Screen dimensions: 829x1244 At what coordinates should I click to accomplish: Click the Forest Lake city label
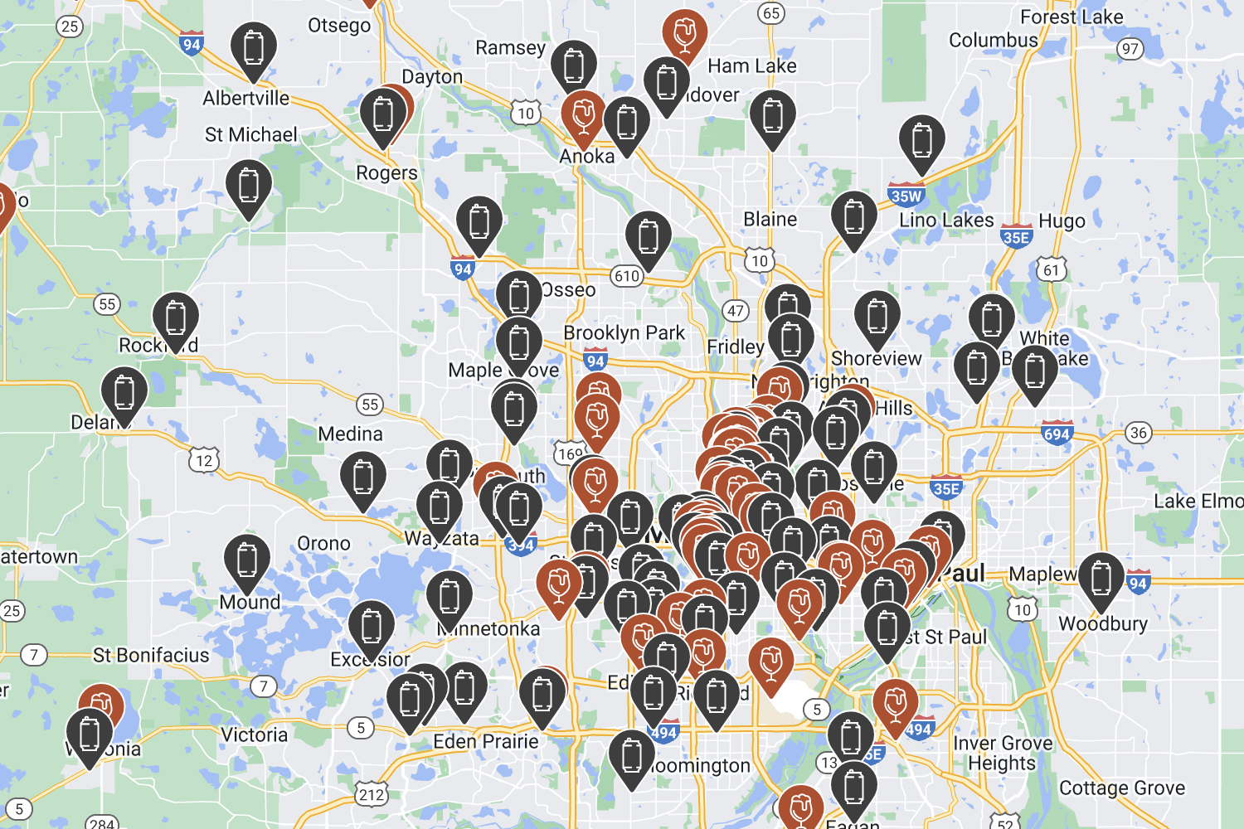(1071, 17)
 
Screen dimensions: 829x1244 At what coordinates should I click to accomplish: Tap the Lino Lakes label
(946, 221)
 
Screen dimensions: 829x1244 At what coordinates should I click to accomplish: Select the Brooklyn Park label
(624, 333)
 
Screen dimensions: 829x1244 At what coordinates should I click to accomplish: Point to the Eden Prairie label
(486, 741)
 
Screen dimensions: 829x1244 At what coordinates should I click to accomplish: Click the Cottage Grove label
(1122, 788)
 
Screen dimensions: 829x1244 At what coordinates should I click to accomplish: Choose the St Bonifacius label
(151, 656)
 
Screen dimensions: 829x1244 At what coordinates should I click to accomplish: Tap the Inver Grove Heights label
(1003, 753)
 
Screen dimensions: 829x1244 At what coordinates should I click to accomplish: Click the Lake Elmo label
(1198, 501)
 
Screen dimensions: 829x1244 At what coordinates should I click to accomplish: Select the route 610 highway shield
(627, 277)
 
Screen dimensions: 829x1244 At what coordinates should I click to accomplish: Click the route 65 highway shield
(771, 13)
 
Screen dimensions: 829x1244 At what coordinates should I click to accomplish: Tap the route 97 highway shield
(1130, 49)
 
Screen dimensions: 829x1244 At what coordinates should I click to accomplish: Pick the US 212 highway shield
(372, 795)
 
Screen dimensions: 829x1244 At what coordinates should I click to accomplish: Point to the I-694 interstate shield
(1057, 434)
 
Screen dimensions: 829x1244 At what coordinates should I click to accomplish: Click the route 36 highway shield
(1139, 433)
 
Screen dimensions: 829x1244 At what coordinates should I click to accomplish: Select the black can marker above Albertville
(254, 48)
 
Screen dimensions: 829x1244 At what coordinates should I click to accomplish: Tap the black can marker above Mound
(247, 560)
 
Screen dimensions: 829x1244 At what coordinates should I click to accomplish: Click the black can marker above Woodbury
(1101, 578)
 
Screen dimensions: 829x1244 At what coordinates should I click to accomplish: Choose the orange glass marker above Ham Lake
(684, 34)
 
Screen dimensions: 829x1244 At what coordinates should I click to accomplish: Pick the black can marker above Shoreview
(877, 317)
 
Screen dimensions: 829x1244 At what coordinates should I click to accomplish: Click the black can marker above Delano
(124, 392)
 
